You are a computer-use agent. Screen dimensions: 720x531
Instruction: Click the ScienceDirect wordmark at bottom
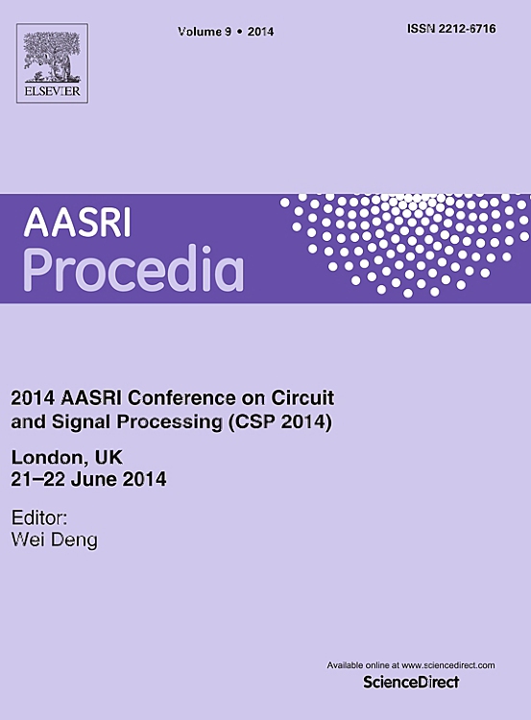(x=411, y=682)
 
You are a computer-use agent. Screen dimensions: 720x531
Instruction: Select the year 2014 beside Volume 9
(x=260, y=32)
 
